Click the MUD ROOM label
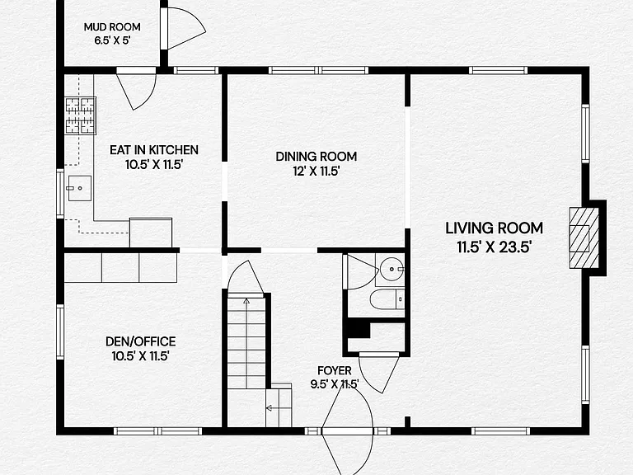pyautogui.click(x=112, y=27)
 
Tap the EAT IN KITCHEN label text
pyautogui.click(x=154, y=150)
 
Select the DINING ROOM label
pyautogui.click(x=316, y=157)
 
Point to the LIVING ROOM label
pyautogui.click(x=494, y=228)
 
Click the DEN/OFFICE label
pyautogui.click(x=140, y=341)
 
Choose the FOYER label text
pyautogui.click(x=335, y=370)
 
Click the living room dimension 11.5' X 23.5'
pyautogui.click(x=494, y=247)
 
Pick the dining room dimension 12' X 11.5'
pyautogui.click(x=316, y=172)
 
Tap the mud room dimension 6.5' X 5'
pyautogui.click(x=112, y=40)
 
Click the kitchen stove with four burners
pyautogui.click(x=81, y=115)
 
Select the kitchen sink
pyautogui.click(x=79, y=188)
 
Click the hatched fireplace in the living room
pyautogui.click(x=584, y=237)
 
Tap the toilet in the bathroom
pyautogui.click(x=387, y=299)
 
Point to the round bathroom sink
pyautogui.click(x=392, y=268)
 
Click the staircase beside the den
pyautogui.click(x=246, y=342)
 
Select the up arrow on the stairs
pyautogui.click(x=246, y=301)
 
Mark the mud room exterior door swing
pyautogui.click(x=186, y=28)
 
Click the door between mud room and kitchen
pyautogui.click(x=137, y=88)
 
